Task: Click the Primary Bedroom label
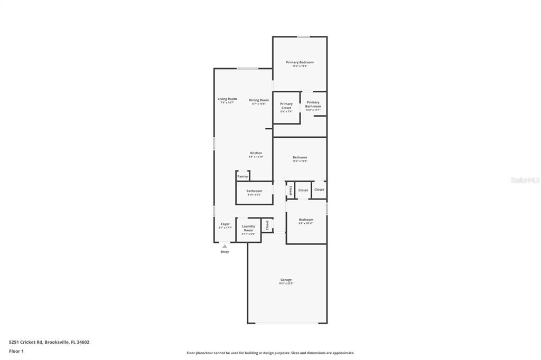point(300,62)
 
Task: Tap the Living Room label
point(227,99)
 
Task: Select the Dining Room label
point(259,100)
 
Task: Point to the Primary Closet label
point(286,106)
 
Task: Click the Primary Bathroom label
point(313,105)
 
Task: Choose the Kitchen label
point(256,153)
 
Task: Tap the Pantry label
point(242,176)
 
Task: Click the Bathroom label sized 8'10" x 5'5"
point(254,191)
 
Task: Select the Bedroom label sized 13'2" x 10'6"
point(300,157)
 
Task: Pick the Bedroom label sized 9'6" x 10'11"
point(306,220)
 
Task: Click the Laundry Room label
point(248,228)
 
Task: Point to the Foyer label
point(226,224)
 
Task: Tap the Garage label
point(286,280)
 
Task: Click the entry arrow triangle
point(225,246)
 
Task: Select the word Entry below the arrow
point(225,252)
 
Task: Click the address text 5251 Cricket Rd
point(26,342)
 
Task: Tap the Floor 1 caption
point(16,351)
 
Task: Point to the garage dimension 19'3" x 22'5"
point(286,283)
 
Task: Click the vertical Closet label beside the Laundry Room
point(267,225)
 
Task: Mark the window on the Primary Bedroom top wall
point(303,36)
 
